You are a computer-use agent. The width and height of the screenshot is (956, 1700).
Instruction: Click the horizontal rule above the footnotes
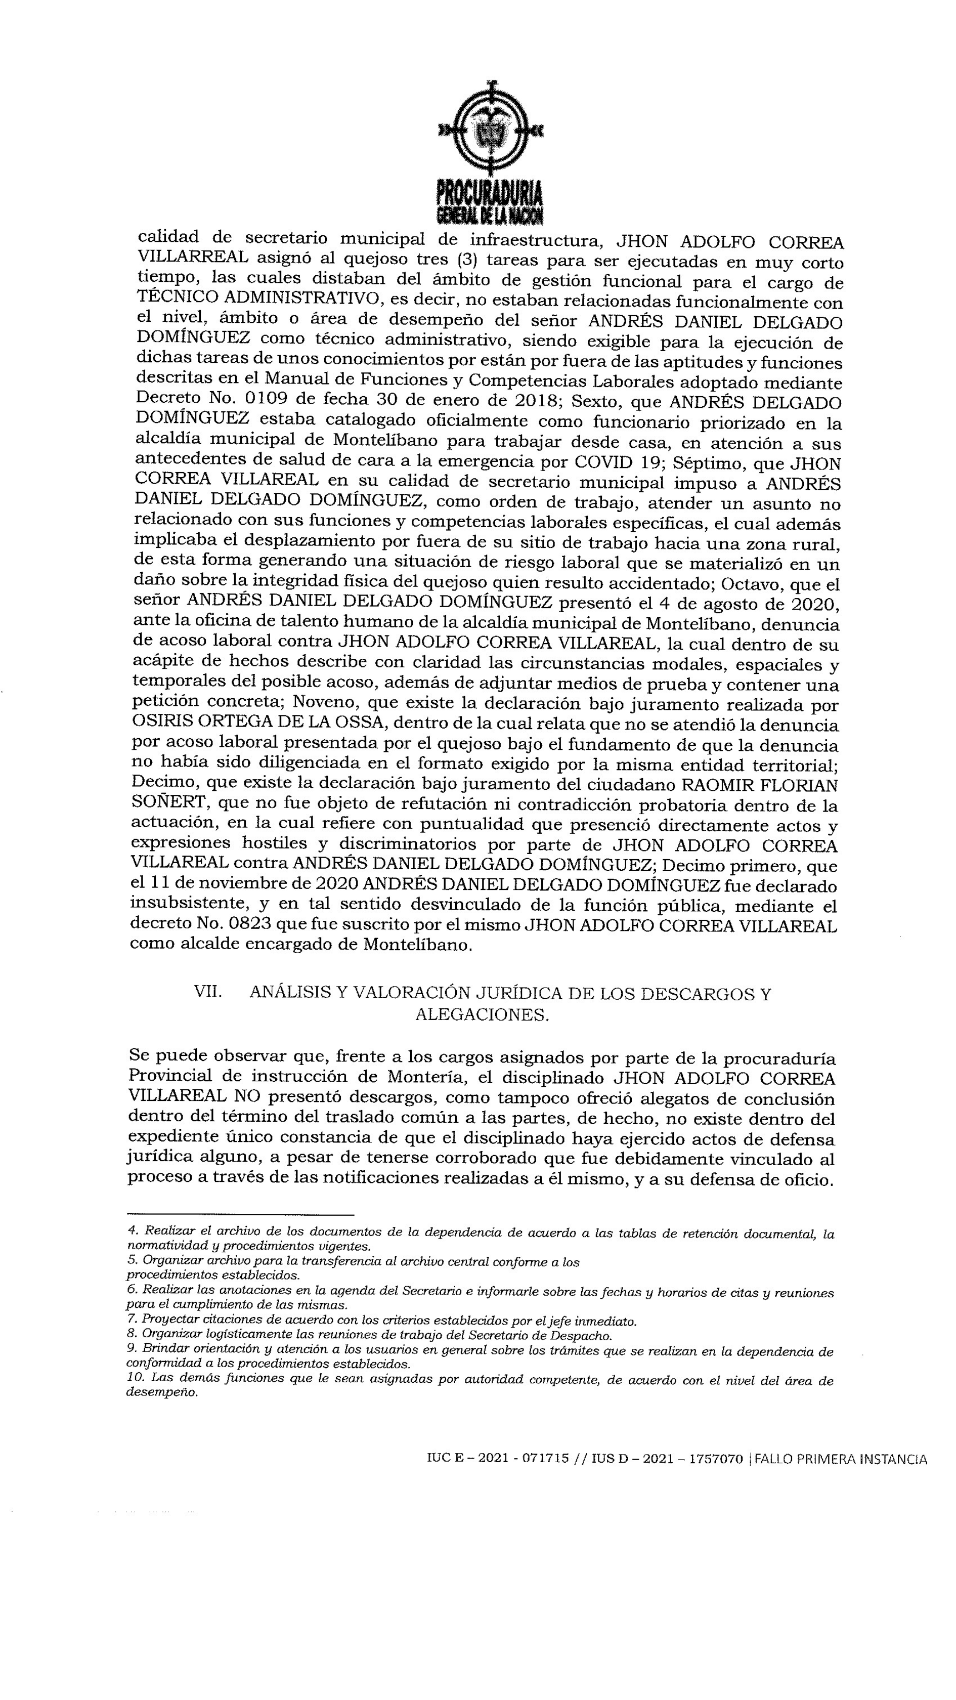240,1214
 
